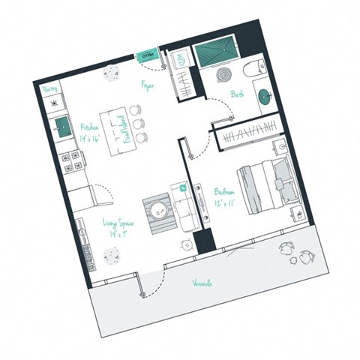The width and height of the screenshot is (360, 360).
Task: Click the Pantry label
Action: click(x=50, y=89)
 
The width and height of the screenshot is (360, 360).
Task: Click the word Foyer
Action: click(x=147, y=86)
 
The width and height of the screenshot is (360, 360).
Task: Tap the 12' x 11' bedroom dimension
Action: click(x=226, y=203)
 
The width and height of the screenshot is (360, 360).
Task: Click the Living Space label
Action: click(x=117, y=223)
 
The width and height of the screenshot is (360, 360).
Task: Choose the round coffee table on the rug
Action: click(x=158, y=211)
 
